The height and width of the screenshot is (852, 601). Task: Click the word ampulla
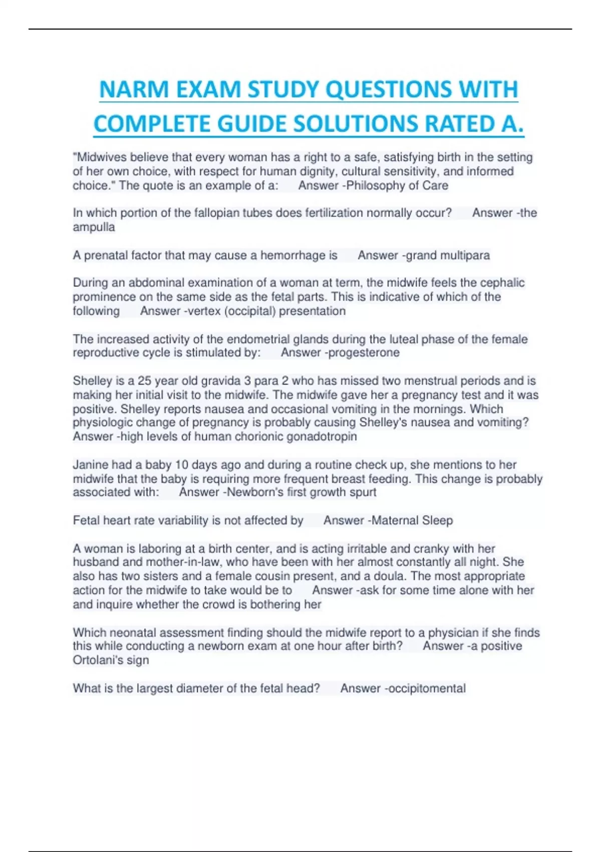coord(94,227)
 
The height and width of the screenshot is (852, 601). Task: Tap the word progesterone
coord(366,352)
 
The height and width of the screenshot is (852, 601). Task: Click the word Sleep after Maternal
coord(437,520)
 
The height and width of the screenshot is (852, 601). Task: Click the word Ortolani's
coord(96,660)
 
